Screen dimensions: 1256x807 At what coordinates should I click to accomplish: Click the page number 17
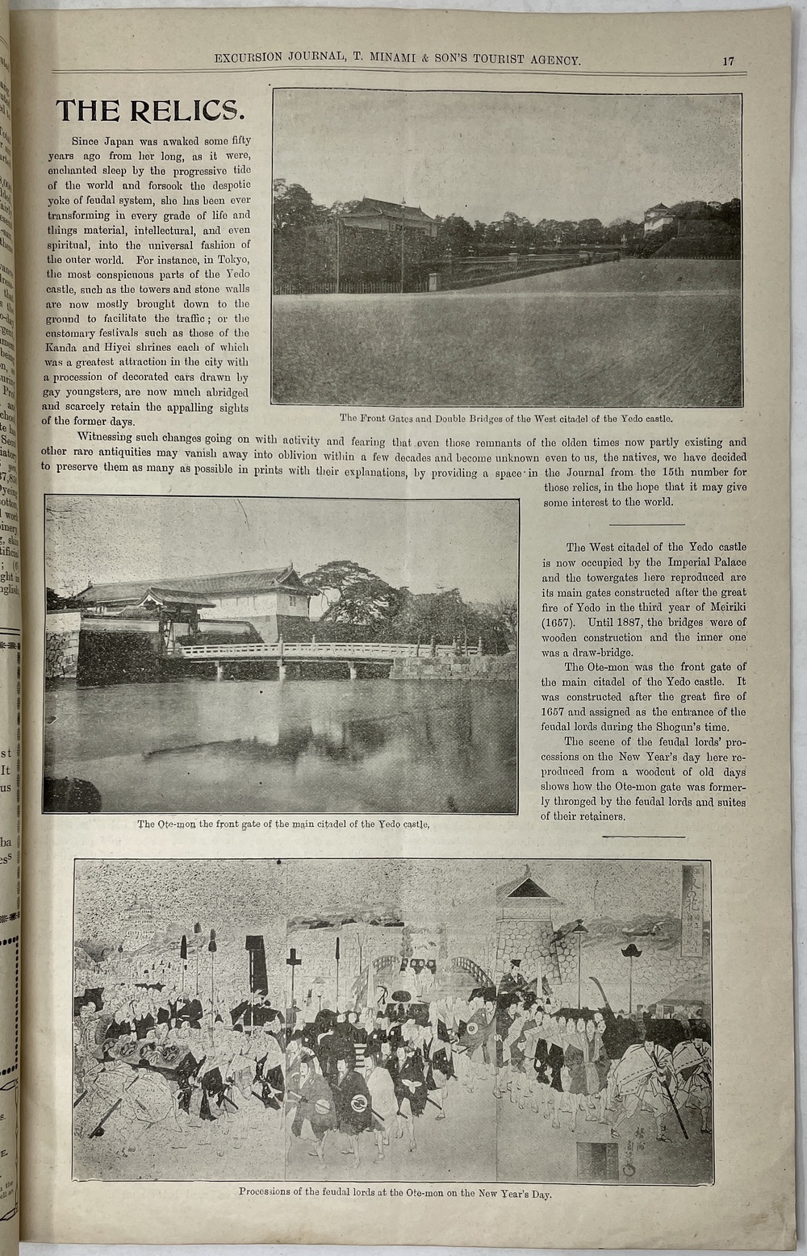728,61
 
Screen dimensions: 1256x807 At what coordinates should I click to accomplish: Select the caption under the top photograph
506,419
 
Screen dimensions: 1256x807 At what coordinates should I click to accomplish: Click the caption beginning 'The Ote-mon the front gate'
282,824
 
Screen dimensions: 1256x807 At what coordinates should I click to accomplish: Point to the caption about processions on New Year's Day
395,1193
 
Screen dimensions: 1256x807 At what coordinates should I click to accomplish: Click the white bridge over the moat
323,650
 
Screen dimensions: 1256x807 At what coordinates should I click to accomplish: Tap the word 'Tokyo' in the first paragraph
235,259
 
